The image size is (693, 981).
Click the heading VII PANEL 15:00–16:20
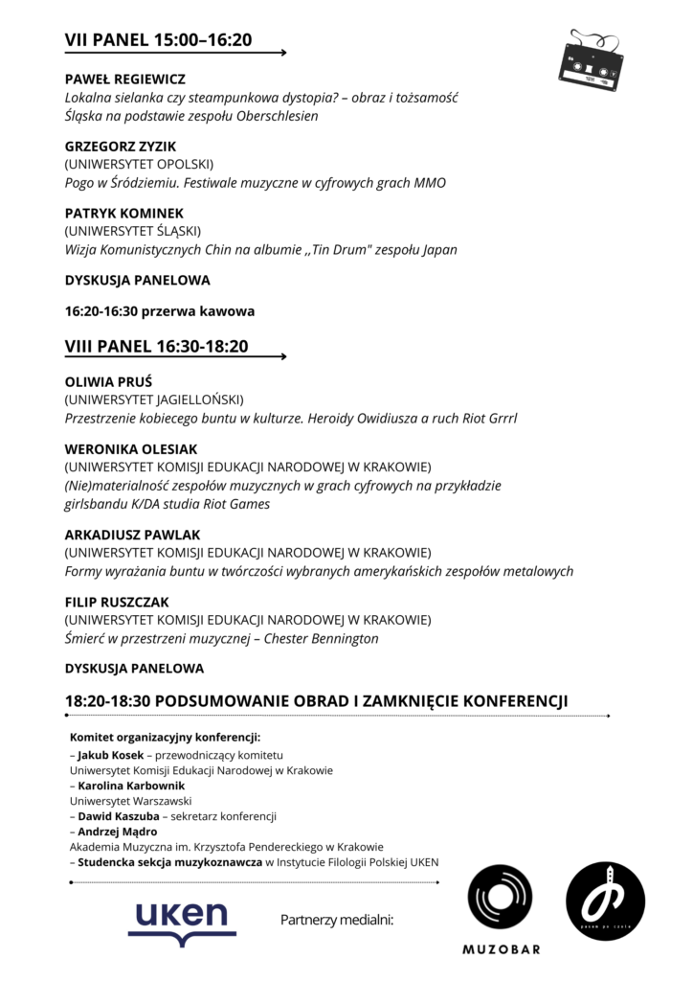click(158, 39)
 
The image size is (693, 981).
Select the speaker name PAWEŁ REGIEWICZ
click(124, 79)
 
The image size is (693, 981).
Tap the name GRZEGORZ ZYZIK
click(120, 147)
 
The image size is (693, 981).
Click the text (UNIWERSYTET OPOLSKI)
click(139, 164)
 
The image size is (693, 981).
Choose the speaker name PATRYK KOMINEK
click(123, 214)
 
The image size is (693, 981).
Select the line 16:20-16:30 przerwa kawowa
click(160, 310)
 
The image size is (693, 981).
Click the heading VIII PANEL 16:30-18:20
click(156, 346)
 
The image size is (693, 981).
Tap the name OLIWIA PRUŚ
click(107, 381)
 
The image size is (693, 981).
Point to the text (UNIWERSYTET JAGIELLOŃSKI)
click(154, 399)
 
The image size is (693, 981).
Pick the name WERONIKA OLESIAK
click(132, 448)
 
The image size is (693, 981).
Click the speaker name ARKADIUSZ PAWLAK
click(132, 535)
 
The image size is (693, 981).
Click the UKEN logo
click(182, 920)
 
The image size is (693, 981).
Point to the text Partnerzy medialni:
click(337, 920)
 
